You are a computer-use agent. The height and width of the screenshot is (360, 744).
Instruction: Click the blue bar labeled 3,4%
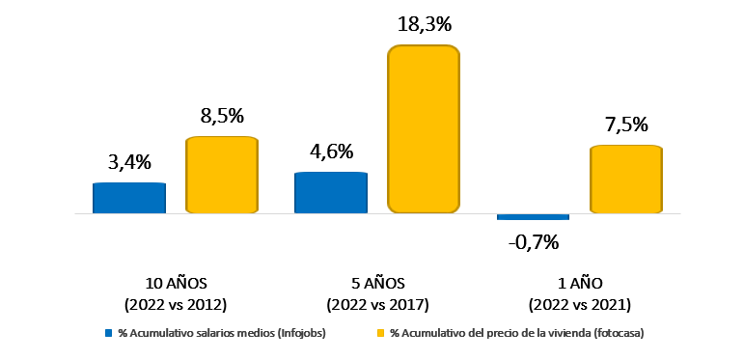129,197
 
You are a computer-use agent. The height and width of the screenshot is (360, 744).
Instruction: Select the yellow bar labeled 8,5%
221,175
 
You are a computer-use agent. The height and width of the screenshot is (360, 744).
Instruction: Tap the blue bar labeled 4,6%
331,192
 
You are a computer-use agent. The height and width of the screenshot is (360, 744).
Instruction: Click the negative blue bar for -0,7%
533,216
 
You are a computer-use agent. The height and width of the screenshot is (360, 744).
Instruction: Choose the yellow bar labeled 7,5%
625,179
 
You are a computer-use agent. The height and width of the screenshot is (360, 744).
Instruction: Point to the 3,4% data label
128,162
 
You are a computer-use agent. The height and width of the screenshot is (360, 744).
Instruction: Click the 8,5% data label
221,117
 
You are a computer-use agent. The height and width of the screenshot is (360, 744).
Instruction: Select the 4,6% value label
331,152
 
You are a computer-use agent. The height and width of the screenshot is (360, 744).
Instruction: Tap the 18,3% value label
424,23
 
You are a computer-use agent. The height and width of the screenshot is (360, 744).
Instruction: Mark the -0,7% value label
534,241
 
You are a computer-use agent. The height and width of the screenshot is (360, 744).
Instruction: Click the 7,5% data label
624,125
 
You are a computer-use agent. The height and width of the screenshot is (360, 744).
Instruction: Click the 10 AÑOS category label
175,283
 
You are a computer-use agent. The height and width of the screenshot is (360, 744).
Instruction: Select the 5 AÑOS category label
377,283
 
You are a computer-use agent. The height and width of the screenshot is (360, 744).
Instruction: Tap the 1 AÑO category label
579,283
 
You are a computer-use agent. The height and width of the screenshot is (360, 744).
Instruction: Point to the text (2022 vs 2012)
175,304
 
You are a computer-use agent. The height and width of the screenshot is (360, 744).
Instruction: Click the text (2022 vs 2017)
377,304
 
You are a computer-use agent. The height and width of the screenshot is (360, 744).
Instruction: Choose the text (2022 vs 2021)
579,304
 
